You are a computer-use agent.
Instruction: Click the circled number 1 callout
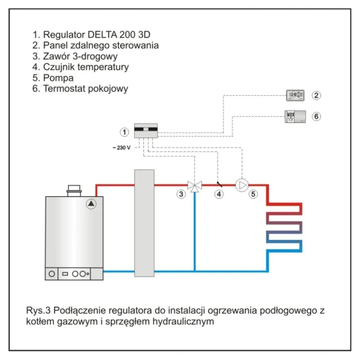coord(124,132)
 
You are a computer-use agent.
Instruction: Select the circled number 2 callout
coord(316,95)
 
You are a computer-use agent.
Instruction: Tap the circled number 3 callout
coord(181,194)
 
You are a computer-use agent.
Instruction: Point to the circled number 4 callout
coord(219,194)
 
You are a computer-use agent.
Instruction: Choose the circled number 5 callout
coord(253,194)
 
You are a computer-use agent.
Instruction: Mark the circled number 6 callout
coord(316,116)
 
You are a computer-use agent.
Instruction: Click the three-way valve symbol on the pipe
coord(195,186)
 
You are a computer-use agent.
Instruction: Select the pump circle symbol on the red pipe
coord(242,185)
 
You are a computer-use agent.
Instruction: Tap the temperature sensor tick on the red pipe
coord(219,184)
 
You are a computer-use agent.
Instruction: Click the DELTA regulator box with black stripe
coord(146,131)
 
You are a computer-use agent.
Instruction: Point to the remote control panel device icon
coord(295,95)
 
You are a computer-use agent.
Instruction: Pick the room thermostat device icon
coord(295,117)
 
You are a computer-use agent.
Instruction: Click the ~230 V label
coord(122,147)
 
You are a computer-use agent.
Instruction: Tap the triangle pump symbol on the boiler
coord(91,203)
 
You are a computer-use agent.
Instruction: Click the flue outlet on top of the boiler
coord(74,191)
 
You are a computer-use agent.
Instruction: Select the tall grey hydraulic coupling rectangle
coord(144,223)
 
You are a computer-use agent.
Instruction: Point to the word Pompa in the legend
coord(58,78)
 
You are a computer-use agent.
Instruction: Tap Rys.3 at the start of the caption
coord(38,310)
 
